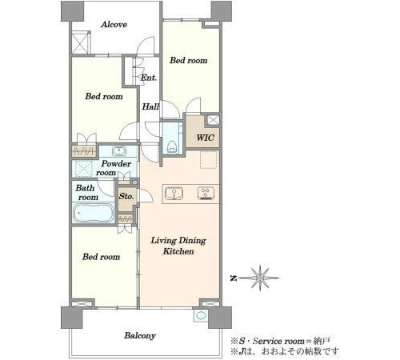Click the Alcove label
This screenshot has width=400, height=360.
click(x=114, y=25)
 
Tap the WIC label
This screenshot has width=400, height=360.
click(x=205, y=138)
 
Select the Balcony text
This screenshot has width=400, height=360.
click(x=140, y=335)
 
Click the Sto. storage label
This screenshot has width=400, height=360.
click(x=126, y=196)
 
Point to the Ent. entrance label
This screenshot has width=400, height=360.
click(x=149, y=78)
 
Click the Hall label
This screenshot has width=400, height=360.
click(x=150, y=106)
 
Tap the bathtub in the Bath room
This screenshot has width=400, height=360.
click(x=94, y=213)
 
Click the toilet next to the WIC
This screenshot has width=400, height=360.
click(x=172, y=147)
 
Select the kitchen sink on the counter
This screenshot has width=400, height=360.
click(x=174, y=194)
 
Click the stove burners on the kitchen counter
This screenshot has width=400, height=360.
click(x=206, y=194)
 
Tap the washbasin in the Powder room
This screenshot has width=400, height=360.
click(x=118, y=151)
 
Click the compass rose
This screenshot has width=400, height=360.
click(x=260, y=278)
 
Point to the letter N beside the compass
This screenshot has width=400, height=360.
click(x=234, y=278)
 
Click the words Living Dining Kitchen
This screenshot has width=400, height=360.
click(x=178, y=246)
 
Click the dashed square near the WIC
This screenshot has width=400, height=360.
click(x=209, y=159)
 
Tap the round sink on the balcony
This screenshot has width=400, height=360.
click(x=201, y=315)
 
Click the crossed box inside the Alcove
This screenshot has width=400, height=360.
click(x=81, y=42)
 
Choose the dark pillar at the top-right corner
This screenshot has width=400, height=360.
click(x=222, y=11)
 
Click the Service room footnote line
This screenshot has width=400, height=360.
click(x=281, y=341)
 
